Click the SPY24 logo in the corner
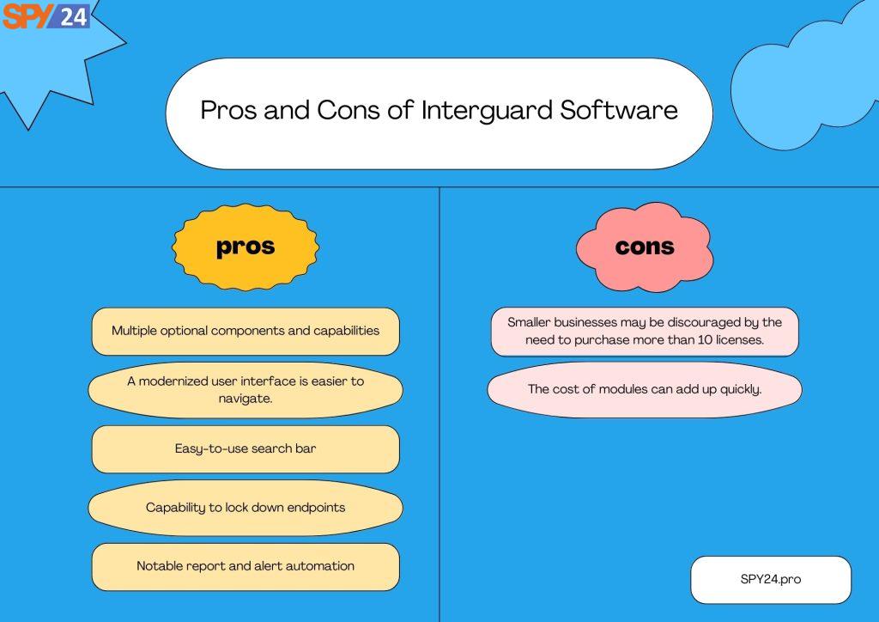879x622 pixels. pos(46,15)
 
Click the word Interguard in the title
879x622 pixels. pos(487,111)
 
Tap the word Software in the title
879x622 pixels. pos(619,109)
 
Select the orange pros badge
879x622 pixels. pos(246,247)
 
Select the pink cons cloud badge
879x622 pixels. pos(645,247)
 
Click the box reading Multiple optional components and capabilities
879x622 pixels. pos(246,331)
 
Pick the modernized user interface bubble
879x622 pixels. pos(246,390)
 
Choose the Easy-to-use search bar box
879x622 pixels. pos(246,448)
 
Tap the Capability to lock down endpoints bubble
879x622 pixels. pos(246,508)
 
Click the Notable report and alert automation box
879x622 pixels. pos(246,566)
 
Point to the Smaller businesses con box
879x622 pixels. pos(645,331)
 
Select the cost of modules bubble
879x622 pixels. pos(645,389)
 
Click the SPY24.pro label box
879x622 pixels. pos(771,579)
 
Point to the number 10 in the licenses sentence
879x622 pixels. pos(705,340)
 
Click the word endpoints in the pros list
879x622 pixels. pos(314,508)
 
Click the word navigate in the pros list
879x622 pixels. pos(245,399)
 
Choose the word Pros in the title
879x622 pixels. pos(229,110)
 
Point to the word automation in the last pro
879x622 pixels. pos(320,566)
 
